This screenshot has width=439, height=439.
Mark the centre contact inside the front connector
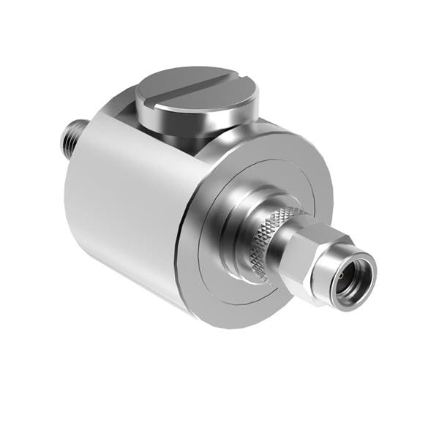[350, 279]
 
